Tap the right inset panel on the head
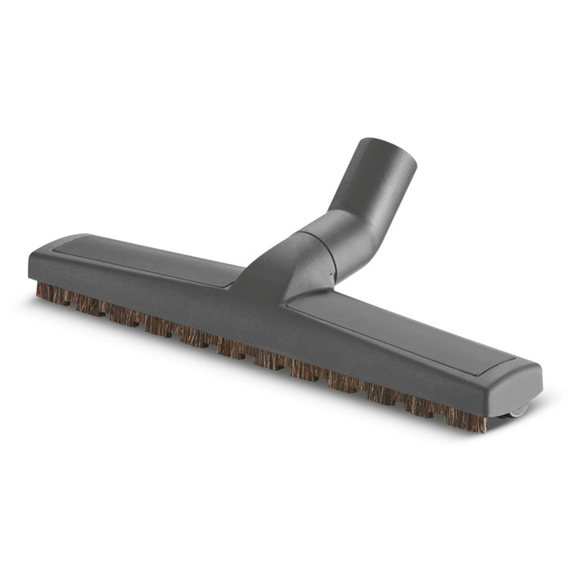point(400,326)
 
